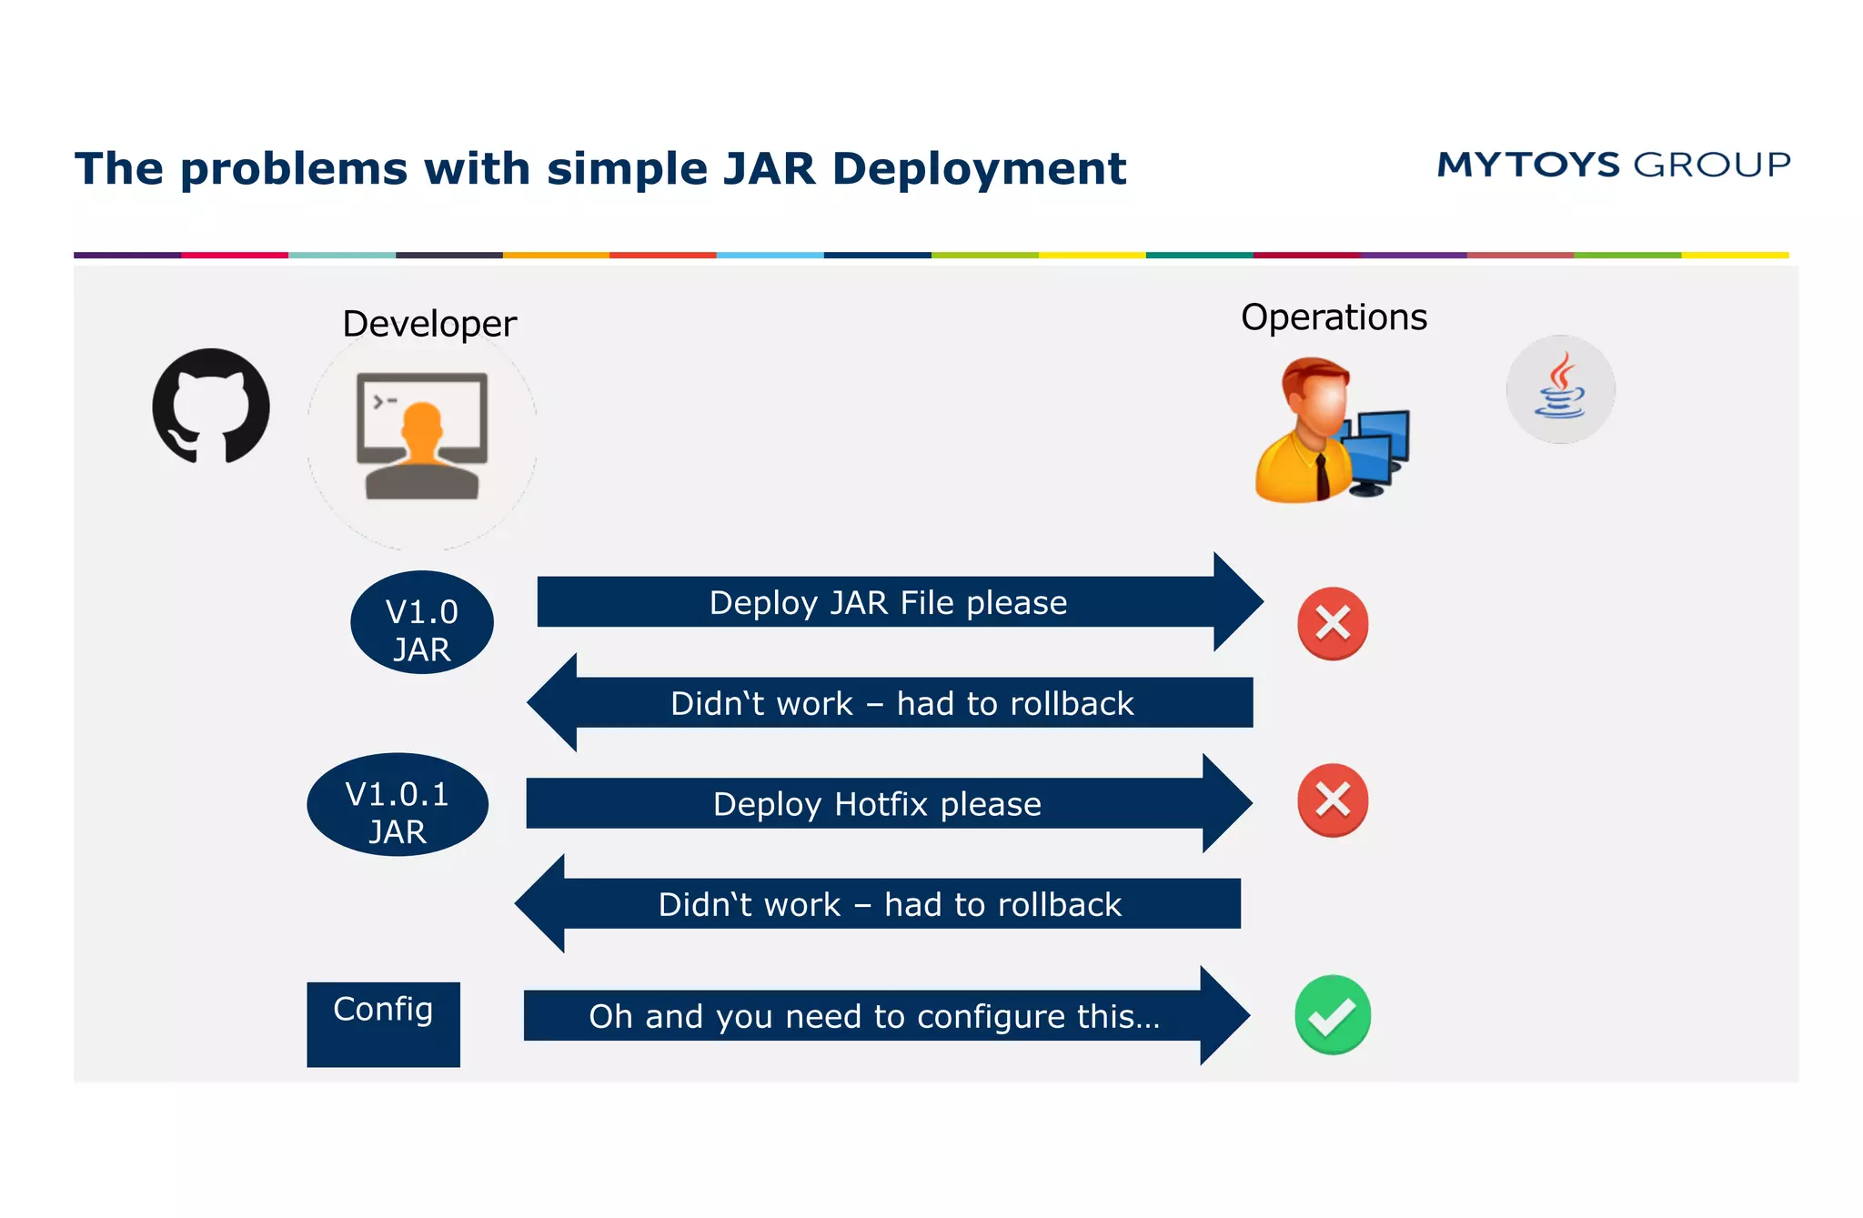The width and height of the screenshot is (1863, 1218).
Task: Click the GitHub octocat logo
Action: [x=211, y=406]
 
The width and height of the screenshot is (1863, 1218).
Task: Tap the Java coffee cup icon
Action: [x=1560, y=389]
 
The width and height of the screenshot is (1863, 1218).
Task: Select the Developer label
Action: [x=428, y=324]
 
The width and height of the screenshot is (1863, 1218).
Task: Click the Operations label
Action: [x=1333, y=317]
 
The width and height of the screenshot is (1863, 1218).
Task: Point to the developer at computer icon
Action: [x=422, y=436]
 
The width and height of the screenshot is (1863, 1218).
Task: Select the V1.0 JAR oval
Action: [x=422, y=623]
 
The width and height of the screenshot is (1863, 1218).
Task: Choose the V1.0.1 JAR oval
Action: [x=398, y=805]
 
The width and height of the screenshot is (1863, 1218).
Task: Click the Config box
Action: [x=383, y=1023]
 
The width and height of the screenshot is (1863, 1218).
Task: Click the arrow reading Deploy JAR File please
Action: [x=887, y=602]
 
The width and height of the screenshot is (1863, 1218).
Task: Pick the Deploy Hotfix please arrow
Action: [x=877, y=804]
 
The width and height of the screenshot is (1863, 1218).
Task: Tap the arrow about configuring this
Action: [x=873, y=1016]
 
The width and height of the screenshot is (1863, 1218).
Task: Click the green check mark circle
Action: [x=1332, y=1015]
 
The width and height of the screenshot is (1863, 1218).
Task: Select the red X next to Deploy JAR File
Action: [x=1333, y=624]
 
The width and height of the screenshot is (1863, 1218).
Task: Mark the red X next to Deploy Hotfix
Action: [x=1333, y=800]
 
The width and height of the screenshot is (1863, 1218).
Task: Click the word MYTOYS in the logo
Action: [x=1527, y=165]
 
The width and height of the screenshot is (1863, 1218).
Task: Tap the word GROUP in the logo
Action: [x=1712, y=165]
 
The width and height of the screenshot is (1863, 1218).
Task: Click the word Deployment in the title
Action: [x=979, y=169]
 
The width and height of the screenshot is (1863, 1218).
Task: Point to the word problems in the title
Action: [x=294, y=169]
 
